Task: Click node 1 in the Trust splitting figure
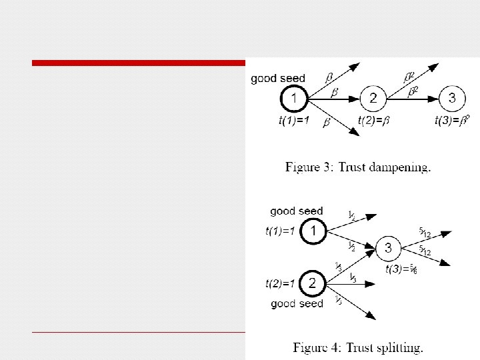point(314,232)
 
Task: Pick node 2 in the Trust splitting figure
point(314,283)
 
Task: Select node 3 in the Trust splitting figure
point(390,249)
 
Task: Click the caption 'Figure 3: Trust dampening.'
point(358,167)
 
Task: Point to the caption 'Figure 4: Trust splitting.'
point(358,347)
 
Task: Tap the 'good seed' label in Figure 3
point(278,79)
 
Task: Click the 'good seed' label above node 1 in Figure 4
point(297,211)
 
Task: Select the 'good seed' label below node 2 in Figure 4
point(297,303)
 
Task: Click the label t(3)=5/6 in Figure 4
point(402,270)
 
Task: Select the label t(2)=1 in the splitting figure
point(280,283)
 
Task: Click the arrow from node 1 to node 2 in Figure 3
point(333,99)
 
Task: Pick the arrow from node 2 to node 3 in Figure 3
point(413,99)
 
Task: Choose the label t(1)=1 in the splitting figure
point(280,232)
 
